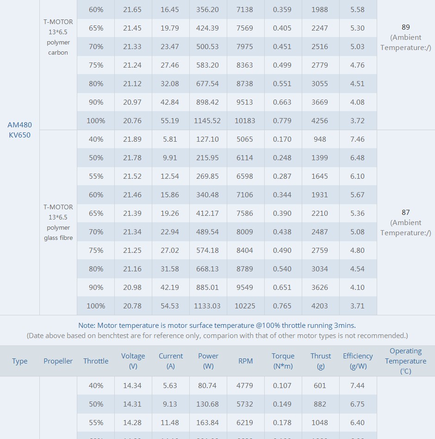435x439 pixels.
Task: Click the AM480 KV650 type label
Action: click(19, 130)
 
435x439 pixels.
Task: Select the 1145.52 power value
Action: click(207, 120)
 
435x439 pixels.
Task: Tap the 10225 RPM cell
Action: click(245, 306)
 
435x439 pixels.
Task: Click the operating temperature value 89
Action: click(405, 27)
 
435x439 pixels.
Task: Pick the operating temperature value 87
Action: click(405, 213)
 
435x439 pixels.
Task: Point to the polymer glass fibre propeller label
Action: click(58, 222)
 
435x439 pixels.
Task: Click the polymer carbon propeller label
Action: click(58, 38)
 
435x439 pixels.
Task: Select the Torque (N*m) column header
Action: click(283, 361)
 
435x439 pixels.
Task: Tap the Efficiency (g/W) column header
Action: click(358, 361)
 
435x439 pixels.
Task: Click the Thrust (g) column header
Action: click(321, 361)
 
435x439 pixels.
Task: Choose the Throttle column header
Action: click(96, 361)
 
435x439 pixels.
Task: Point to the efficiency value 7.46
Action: click(357, 139)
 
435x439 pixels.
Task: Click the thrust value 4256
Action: click(320, 120)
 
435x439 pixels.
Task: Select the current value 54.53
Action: click(170, 306)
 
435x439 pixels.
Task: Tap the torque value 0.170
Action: click(282, 139)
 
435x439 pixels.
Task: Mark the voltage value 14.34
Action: click(132, 385)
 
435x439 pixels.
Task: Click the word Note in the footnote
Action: click(87, 326)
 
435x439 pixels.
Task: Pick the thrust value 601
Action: click(320, 385)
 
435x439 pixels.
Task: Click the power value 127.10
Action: click(208, 139)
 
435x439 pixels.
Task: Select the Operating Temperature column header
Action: click(405, 361)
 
